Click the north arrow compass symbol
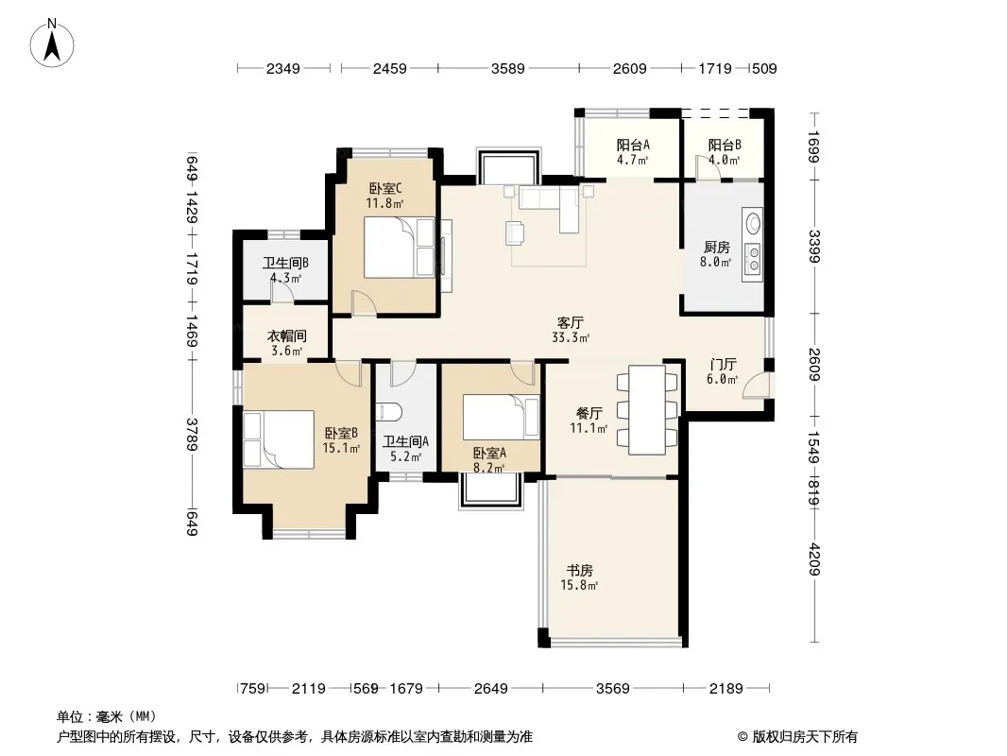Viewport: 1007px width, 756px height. (x=52, y=43)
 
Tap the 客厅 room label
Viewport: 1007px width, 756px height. (x=570, y=322)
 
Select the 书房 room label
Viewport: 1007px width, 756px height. (x=579, y=570)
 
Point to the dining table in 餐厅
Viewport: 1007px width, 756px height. (x=647, y=410)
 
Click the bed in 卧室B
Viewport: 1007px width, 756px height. (x=279, y=440)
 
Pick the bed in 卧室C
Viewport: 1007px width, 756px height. (x=399, y=248)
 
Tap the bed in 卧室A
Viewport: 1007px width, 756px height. (x=501, y=418)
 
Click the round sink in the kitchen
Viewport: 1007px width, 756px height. (x=753, y=224)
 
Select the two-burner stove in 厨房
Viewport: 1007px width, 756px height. (x=752, y=258)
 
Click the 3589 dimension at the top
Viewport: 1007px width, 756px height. (x=508, y=68)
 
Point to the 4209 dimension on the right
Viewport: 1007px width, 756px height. (x=814, y=558)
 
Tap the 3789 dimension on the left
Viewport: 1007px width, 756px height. (x=192, y=434)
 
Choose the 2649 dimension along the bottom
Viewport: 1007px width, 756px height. (x=490, y=689)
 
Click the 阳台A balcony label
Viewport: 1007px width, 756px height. (x=633, y=145)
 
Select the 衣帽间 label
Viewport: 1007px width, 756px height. (x=286, y=335)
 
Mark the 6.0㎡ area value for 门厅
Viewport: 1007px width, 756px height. (x=722, y=380)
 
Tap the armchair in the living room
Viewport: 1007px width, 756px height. (x=515, y=232)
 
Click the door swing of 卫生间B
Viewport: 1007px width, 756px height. (x=282, y=291)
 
